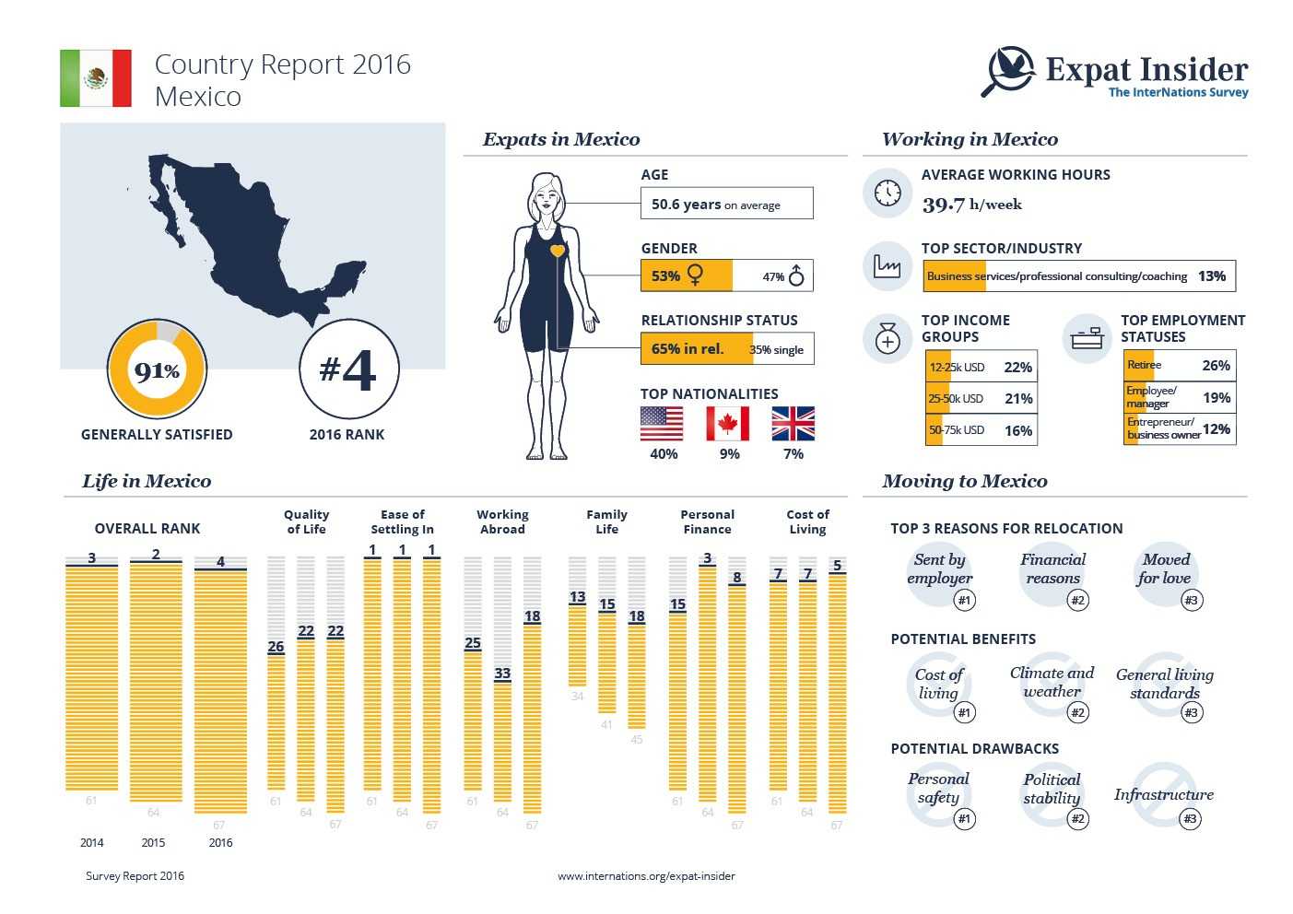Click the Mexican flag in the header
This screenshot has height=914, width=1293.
(96, 78)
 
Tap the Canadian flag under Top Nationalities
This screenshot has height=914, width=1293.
(727, 425)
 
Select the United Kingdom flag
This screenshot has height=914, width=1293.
(793, 425)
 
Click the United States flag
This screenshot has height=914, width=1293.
(662, 425)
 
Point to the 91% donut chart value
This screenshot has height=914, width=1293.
(157, 371)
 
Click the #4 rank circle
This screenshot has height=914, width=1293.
(348, 369)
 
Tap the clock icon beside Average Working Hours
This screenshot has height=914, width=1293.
(887, 193)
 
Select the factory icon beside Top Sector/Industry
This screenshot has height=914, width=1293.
(887, 266)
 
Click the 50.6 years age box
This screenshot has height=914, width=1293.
(726, 204)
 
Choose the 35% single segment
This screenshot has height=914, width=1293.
(776, 349)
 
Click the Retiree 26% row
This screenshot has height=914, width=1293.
(1179, 366)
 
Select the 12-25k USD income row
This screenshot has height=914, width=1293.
(981, 367)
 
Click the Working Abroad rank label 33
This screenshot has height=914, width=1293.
(502, 674)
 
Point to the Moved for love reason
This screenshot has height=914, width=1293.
(1165, 569)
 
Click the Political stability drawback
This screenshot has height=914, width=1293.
(1052, 789)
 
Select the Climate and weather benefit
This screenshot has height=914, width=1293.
(1052, 683)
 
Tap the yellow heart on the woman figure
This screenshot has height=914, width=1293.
(557, 251)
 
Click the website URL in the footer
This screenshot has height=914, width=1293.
(646, 876)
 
